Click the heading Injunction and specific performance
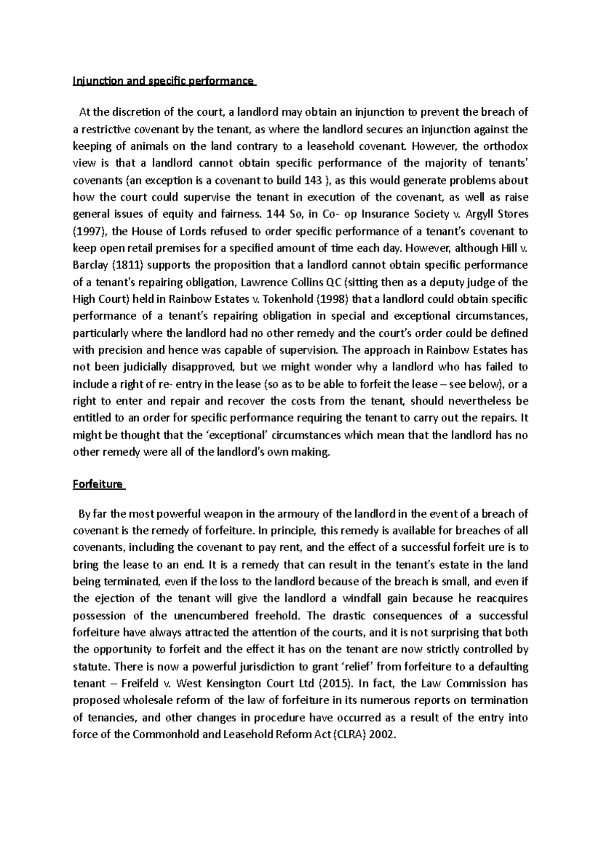click(164, 81)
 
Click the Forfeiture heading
click(98, 484)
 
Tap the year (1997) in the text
click(89, 232)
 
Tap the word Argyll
click(482, 215)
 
